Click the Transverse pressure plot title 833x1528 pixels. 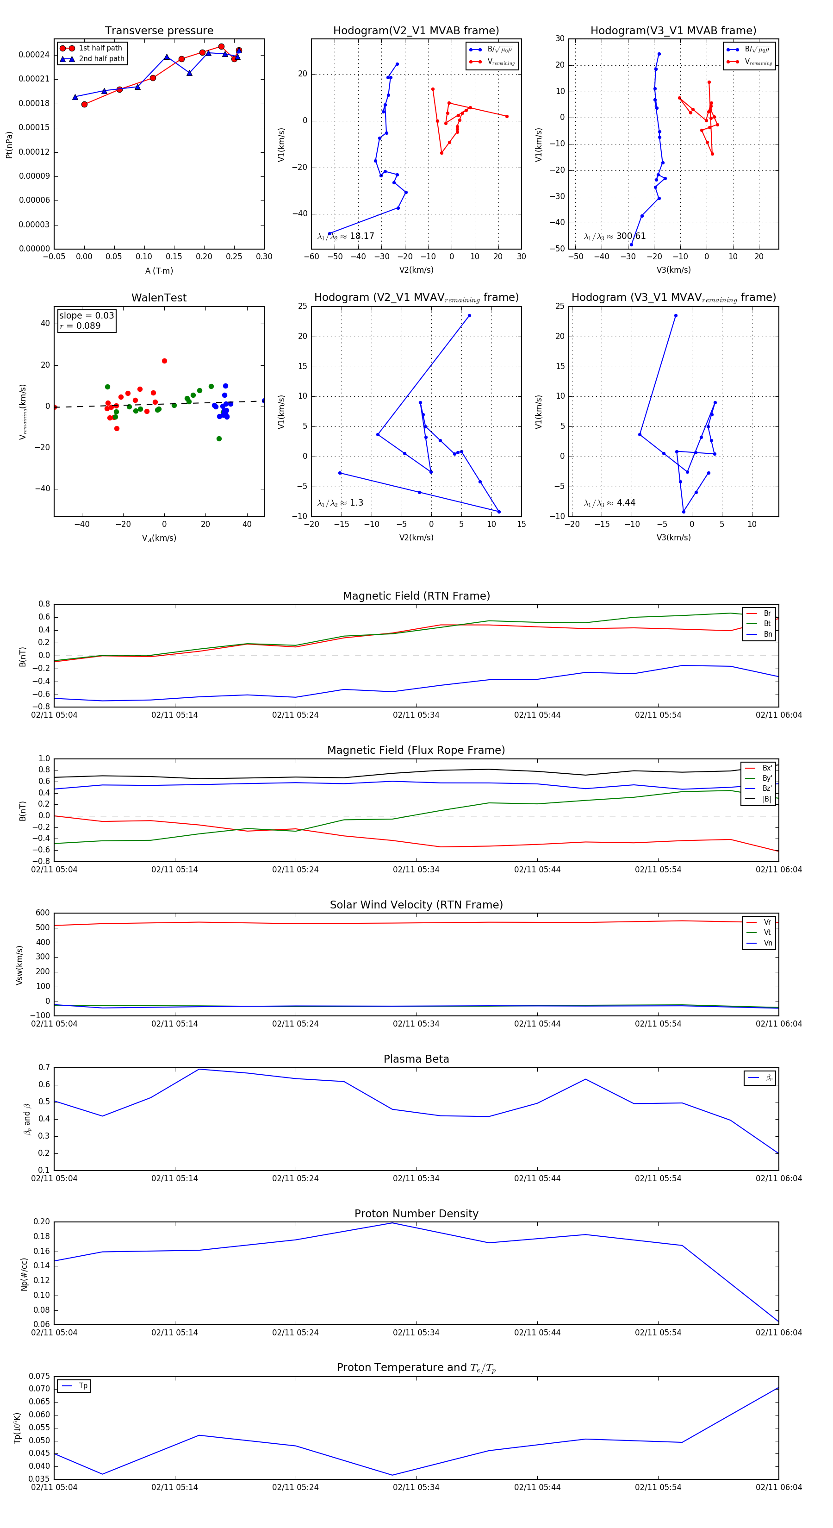pyautogui.click(x=159, y=31)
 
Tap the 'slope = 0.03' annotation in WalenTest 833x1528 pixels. pyautogui.click(x=87, y=316)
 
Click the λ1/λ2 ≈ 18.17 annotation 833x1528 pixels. pyautogui.click(x=346, y=236)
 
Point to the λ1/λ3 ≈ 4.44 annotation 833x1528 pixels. pyautogui.click(x=609, y=503)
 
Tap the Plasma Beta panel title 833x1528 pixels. pyautogui.click(x=416, y=1059)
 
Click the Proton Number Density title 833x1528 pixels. pyautogui.click(x=416, y=1214)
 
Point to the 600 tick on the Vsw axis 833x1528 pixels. pyautogui.click(x=42, y=914)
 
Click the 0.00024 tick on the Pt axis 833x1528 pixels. pyautogui.click(x=34, y=55)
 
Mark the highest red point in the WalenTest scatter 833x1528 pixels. pyautogui.click(x=164, y=361)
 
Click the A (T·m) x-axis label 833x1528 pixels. pyautogui.click(x=159, y=271)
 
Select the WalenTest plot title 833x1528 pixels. pyautogui.click(x=159, y=298)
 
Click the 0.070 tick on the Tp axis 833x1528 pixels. pyautogui.click(x=39, y=1389)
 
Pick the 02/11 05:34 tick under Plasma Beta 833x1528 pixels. pyautogui.click(x=416, y=1178)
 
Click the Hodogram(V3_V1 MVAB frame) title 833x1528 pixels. pyautogui.click(x=673, y=31)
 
